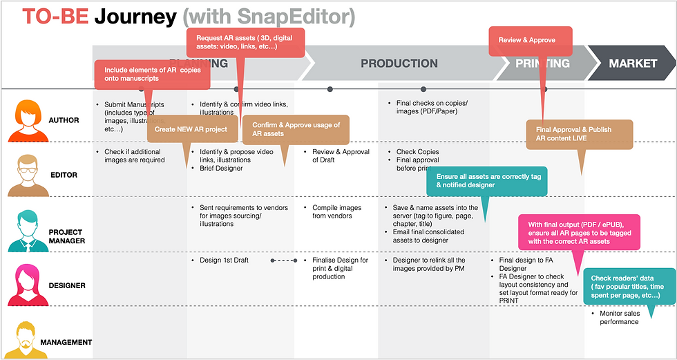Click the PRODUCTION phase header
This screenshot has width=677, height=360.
(x=399, y=64)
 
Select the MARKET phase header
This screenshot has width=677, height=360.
(x=633, y=64)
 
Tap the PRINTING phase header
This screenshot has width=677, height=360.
(x=542, y=64)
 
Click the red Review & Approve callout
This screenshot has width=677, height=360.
(x=530, y=41)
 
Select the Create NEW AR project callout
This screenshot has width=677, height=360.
(x=191, y=129)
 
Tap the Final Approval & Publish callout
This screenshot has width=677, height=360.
(x=579, y=133)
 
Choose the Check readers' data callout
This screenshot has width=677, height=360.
(x=629, y=285)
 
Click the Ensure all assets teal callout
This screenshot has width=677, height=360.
(x=487, y=181)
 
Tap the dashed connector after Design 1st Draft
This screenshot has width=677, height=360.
(x=283, y=260)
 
